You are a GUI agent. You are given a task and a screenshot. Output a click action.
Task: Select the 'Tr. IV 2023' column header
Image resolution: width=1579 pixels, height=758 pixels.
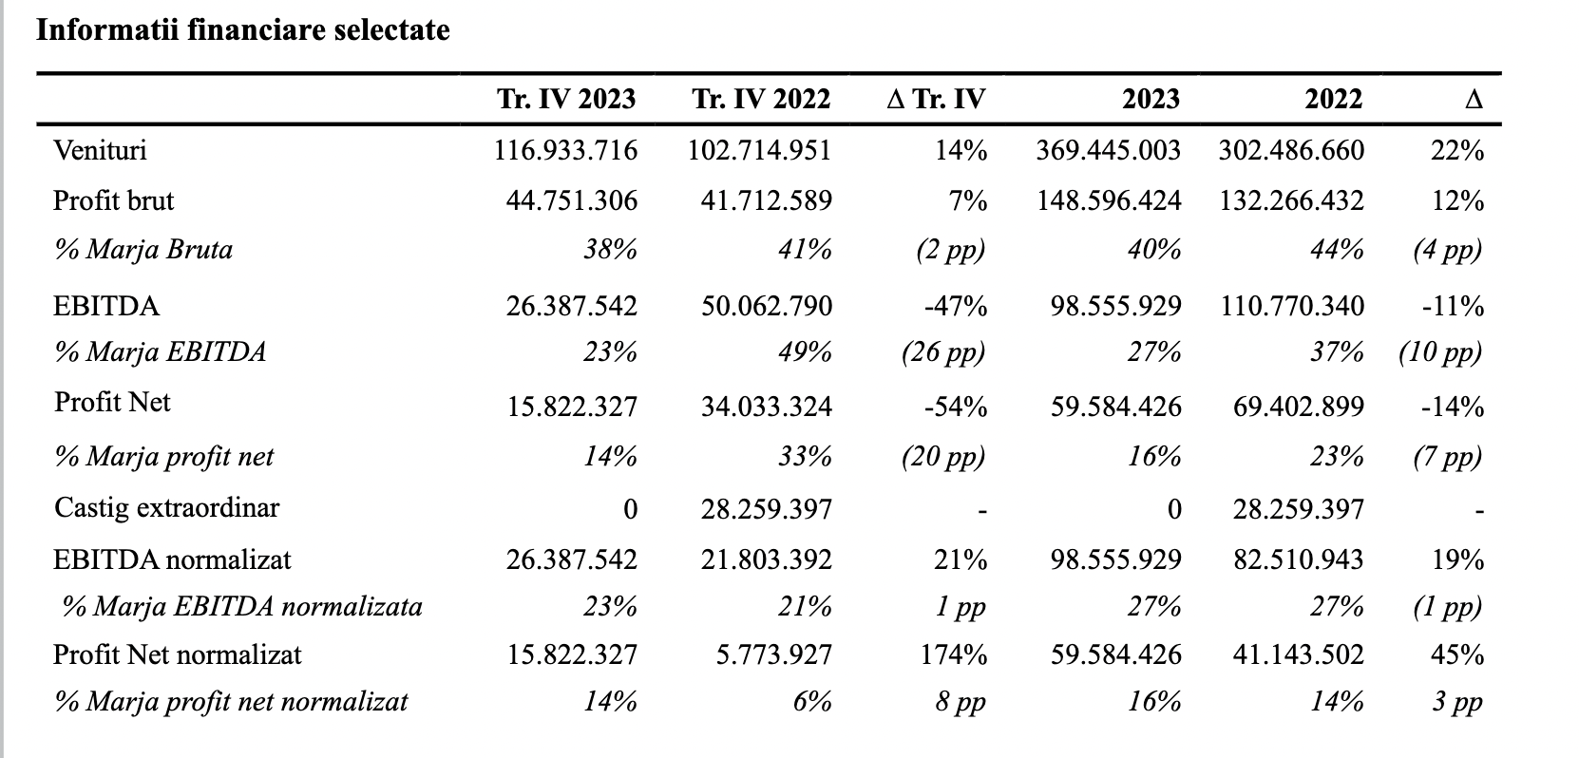[567, 99]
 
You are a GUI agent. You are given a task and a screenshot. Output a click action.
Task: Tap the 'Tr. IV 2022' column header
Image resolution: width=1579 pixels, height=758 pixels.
[761, 99]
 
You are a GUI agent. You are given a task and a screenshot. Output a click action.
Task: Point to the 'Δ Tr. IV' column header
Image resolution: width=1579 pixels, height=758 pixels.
[936, 99]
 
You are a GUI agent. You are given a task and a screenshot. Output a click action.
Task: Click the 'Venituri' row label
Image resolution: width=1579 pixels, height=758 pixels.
[100, 150]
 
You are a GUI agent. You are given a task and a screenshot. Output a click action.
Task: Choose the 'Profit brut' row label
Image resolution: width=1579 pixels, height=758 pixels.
[113, 200]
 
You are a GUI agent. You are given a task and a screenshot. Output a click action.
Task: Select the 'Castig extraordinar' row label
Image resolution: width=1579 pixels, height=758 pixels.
[167, 508]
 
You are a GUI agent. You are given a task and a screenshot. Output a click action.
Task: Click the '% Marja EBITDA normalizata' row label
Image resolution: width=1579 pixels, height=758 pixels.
[242, 607]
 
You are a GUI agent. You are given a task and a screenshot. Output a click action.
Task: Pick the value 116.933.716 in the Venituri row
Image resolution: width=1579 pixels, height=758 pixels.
[566, 151]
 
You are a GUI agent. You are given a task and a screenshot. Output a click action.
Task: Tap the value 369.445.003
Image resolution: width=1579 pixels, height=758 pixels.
[1108, 151]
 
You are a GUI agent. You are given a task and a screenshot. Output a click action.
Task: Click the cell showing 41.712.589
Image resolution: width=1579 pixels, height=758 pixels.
[767, 201]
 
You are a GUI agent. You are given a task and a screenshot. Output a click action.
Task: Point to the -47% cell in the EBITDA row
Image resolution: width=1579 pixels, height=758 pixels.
[956, 307]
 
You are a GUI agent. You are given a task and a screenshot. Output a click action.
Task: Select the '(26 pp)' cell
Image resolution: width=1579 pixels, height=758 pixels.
[943, 352]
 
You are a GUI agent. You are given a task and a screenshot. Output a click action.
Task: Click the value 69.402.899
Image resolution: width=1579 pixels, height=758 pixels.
[1299, 407]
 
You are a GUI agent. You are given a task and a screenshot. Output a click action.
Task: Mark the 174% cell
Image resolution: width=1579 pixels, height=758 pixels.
[954, 655]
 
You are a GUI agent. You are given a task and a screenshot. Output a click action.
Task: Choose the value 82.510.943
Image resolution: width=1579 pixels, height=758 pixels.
[1299, 560]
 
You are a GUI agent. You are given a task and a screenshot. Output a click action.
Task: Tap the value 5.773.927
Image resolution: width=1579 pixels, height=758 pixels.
[774, 655]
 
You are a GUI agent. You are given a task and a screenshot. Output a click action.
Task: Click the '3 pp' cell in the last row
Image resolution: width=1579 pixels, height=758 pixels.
[1457, 702]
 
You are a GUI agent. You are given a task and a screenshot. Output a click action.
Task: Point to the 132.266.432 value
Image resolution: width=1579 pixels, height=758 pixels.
[1291, 201]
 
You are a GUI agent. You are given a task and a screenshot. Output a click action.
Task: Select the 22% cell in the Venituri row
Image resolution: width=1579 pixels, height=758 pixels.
[1457, 151]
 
